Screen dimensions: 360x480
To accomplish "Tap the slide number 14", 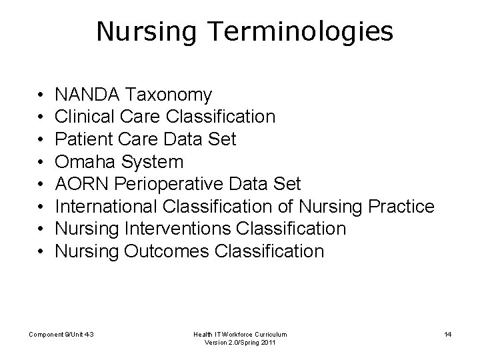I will pyautogui.click(x=447, y=333).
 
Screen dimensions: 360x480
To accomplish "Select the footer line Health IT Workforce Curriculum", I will pyautogui.click(x=241, y=333).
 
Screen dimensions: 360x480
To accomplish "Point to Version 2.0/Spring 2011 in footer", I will pyautogui.click(x=241, y=343).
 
